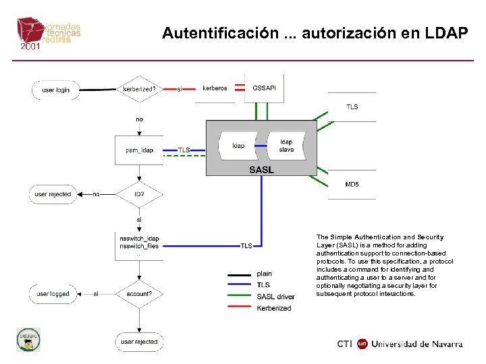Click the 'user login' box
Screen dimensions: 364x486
56,90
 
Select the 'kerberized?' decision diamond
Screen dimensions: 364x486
140,89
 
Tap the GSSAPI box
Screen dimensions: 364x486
264,88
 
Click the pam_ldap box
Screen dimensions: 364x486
140,150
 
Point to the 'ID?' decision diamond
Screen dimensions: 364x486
140,194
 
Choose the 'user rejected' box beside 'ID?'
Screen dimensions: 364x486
53,194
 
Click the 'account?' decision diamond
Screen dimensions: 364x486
140,294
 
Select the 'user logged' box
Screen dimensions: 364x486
53,294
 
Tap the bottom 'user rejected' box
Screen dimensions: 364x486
140,342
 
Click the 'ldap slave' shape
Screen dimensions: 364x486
286,146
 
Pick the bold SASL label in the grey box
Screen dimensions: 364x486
261,170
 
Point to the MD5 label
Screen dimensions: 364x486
352,184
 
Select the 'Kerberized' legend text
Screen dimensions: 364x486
274,308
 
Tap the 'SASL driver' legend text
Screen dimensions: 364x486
276,297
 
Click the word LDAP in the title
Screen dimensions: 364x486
445,33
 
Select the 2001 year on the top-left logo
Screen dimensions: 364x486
30,47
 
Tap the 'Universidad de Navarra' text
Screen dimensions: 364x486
418,344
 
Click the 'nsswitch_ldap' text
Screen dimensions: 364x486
139,239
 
